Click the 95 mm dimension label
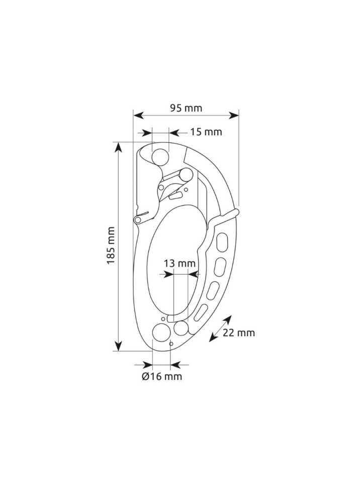[186, 108]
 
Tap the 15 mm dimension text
[206, 132]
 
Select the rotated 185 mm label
[111, 245]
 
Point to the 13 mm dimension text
[179, 264]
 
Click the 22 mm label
[239, 333]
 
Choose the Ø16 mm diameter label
[162, 376]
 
